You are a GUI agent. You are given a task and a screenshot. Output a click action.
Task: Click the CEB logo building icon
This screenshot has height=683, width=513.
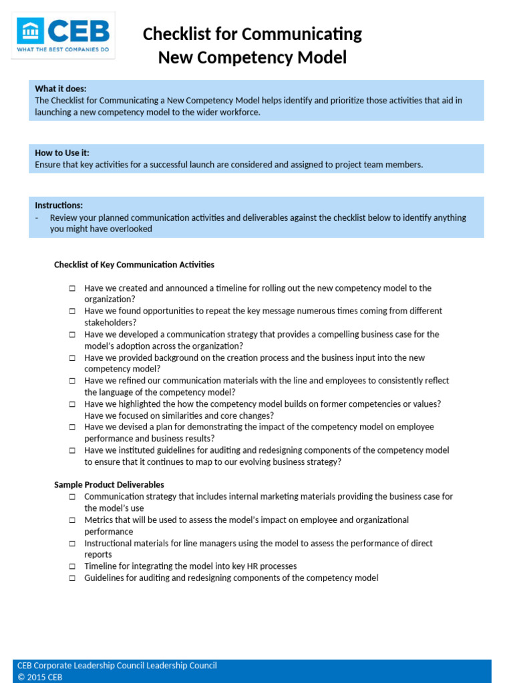tap(31, 31)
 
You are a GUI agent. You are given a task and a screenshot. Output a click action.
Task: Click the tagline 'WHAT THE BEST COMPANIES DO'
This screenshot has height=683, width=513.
tap(63, 51)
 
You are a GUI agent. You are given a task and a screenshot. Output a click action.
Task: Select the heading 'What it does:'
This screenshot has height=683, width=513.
tap(61, 89)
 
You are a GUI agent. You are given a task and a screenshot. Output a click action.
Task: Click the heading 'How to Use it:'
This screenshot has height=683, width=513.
tap(62, 153)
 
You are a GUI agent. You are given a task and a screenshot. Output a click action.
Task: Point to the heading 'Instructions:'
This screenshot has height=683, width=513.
tap(59, 205)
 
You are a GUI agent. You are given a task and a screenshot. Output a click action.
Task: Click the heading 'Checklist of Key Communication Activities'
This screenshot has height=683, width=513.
tap(134, 265)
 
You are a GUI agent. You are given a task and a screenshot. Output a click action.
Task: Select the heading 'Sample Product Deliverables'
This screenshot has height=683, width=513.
tap(109, 485)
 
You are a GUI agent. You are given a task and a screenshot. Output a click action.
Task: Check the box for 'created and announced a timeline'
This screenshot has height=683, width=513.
tap(72, 289)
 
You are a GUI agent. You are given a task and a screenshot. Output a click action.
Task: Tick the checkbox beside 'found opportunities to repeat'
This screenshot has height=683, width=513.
tap(72, 311)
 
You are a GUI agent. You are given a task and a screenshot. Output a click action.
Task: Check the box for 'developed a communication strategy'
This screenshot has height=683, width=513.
tap(72, 335)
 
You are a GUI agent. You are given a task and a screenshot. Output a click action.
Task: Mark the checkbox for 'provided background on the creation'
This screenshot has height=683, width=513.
tap(72, 358)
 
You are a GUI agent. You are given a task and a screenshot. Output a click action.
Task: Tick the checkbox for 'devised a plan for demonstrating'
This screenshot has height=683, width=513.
tap(72, 428)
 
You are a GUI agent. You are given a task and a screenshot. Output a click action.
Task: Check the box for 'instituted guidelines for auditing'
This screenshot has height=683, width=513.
tap(72, 451)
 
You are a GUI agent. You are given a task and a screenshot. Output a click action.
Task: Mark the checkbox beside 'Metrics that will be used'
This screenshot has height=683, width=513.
tap(72, 520)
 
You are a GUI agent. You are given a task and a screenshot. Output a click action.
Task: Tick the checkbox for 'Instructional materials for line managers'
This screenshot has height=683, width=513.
tap(72, 544)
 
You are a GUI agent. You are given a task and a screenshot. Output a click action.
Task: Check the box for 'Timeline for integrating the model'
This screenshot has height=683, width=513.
tap(72, 566)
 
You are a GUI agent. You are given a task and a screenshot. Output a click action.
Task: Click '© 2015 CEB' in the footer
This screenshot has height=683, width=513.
tap(40, 677)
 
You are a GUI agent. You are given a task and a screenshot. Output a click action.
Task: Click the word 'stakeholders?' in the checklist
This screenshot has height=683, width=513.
tap(110, 322)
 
